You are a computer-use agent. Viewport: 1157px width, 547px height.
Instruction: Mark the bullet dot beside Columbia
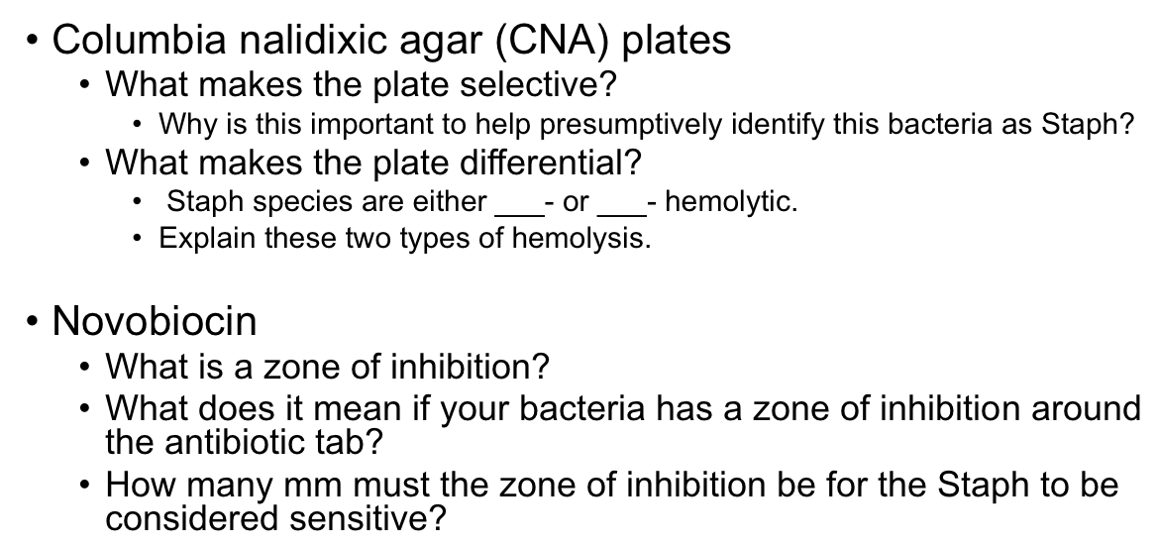(36, 42)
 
